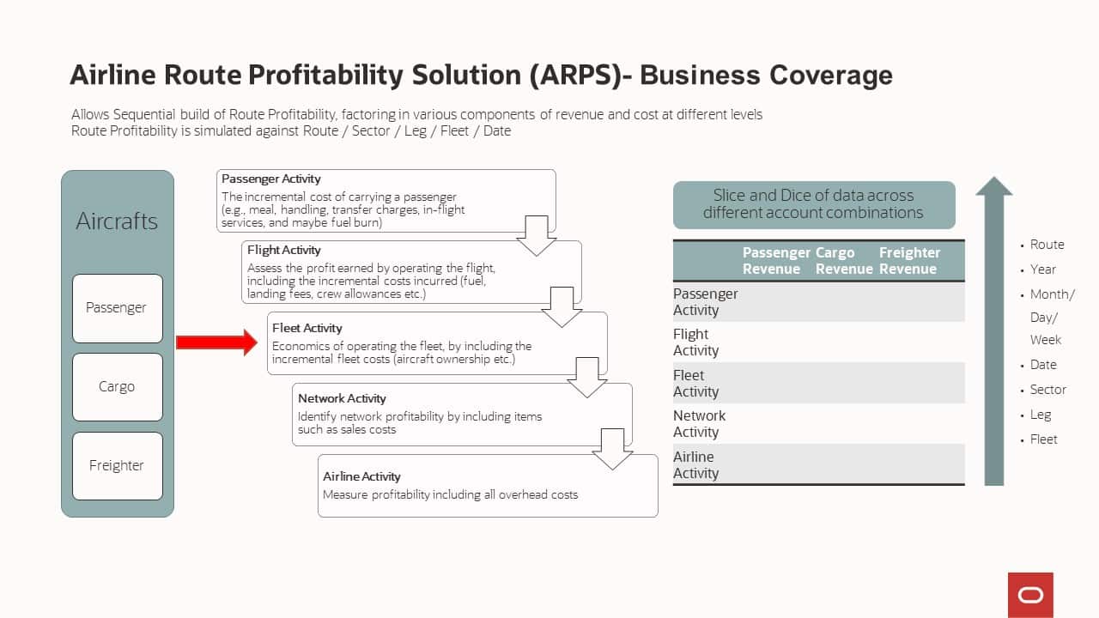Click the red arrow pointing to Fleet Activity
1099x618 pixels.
[217, 342]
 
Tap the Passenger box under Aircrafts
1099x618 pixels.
[118, 308]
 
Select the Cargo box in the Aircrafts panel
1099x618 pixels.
[118, 387]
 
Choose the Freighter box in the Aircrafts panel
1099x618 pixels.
[118, 466]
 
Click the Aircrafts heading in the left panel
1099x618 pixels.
[117, 221]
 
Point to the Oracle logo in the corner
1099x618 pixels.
[1030, 595]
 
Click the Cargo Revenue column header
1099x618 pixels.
[844, 260]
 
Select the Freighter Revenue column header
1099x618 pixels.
[909, 260]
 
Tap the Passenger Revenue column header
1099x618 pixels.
[775, 260]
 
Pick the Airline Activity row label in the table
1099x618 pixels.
[695, 464]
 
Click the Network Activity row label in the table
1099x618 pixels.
[699, 423]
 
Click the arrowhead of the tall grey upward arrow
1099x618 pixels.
[994, 186]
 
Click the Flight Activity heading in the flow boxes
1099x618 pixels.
[283, 250]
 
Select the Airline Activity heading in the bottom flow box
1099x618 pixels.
[361, 476]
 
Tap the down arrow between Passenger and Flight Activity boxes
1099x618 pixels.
[537, 236]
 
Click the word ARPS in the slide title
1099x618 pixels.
[575, 75]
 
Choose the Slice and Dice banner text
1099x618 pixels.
[813, 204]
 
